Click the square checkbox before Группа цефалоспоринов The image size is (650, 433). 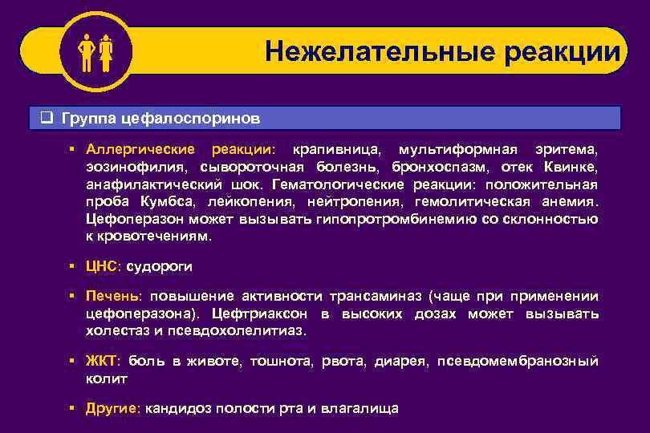tap(47, 118)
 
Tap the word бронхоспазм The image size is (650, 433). tap(441, 167)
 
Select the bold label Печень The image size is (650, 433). tap(112, 297)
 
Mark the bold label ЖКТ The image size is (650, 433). tap(101, 361)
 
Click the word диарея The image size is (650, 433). tap(400, 361)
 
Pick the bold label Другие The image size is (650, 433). tap(112, 408)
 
